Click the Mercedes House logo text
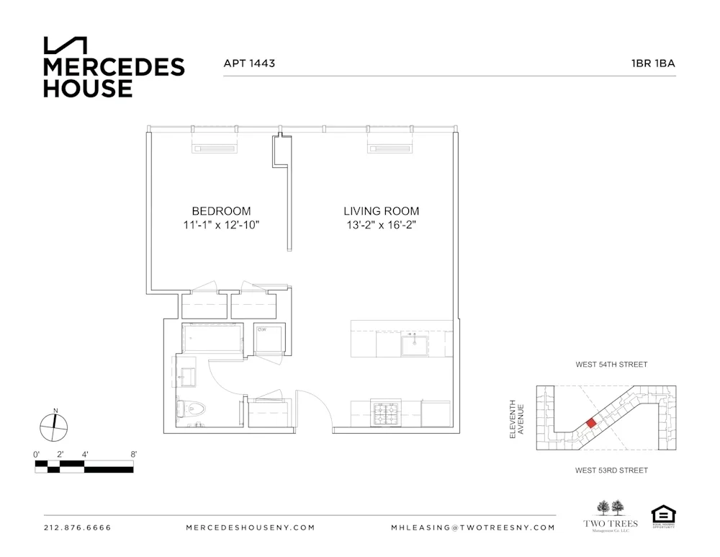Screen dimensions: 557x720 coord(114,77)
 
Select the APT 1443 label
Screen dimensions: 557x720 coord(249,63)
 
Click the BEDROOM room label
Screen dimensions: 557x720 coord(221,211)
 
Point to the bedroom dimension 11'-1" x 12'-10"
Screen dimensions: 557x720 coord(221,225)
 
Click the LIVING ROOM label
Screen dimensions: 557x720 coord(381,211)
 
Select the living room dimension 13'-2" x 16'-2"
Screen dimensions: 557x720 coord(381,225)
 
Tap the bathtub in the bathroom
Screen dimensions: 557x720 coord(212,337)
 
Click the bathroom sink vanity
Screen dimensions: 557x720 coord(186,374)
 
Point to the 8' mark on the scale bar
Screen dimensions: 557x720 coord(133,455)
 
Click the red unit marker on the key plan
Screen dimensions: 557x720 coord(590,423)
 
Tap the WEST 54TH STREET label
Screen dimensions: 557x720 coord(611,365)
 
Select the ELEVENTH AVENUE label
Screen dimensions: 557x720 coord(517,419)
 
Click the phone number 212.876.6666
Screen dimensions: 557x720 coord(78,527)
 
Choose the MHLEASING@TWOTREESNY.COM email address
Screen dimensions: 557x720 coord(473,527)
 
